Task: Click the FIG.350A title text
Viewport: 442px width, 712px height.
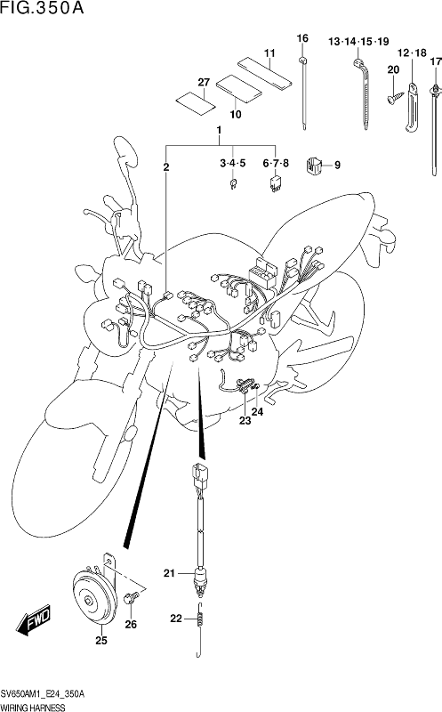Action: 42,8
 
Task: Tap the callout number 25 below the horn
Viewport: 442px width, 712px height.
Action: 101,641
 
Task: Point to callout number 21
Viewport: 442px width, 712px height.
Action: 169,574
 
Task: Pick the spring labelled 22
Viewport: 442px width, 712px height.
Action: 198,628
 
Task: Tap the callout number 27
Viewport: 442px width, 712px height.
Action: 204,82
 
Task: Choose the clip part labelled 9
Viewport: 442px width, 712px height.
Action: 314,166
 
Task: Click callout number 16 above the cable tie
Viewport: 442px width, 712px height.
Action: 302,38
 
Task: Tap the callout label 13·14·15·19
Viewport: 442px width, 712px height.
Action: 358,42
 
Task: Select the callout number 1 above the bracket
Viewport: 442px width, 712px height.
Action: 219,130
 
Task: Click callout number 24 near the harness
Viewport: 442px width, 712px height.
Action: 257,411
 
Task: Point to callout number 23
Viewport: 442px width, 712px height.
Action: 245,421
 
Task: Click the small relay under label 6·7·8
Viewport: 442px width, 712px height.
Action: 275,183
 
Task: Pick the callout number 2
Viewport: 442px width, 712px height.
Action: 166,167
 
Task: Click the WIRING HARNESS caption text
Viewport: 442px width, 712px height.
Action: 33,707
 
